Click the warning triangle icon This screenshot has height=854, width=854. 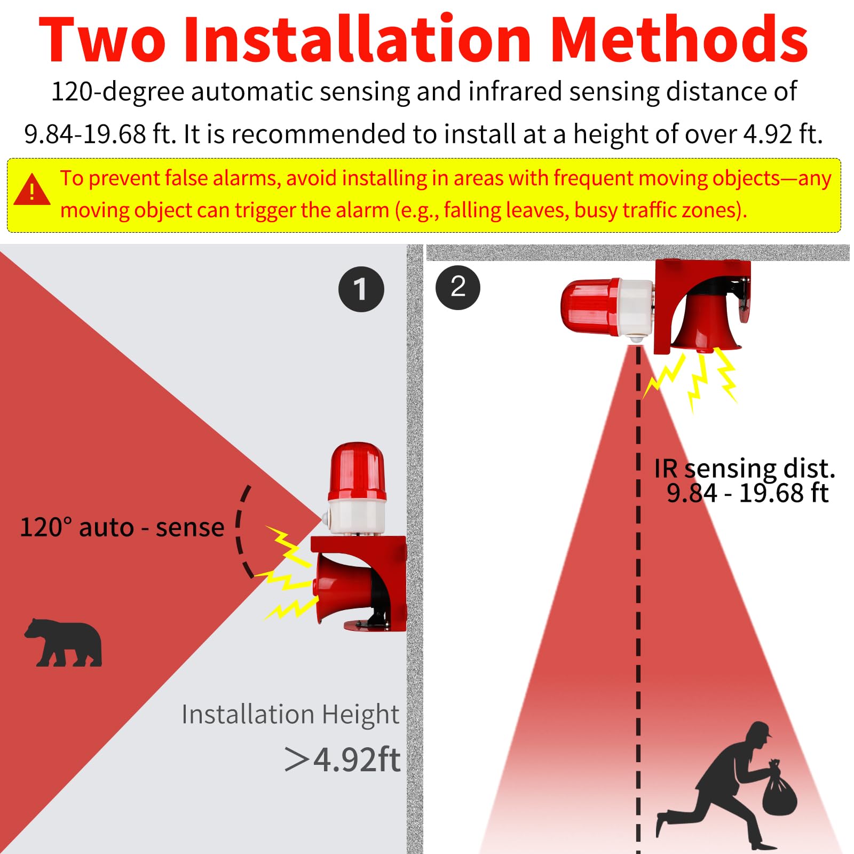point(31,191)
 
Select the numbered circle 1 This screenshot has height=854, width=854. point(361,289)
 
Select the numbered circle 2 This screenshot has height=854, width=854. point(458,287)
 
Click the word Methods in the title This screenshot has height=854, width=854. point(678,40)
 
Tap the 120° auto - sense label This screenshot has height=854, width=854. point(122,527)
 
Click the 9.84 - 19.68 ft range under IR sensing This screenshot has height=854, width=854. point(747,493)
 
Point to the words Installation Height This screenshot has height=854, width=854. point(290,714)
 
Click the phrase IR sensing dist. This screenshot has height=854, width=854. point(745,469)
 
